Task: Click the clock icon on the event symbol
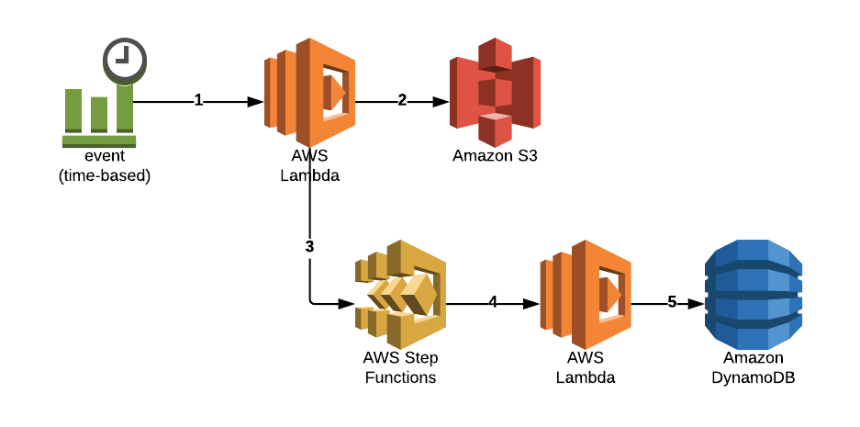click(x=124, y=60)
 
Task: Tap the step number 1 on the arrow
click(x=198, y=100)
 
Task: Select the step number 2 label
click(x=402, y=100)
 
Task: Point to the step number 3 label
click(x=309, y=246)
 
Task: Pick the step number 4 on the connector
click(x=493, y=301)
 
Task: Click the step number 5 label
click(x=672, y=301)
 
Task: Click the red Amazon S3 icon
click(x=495, y=92)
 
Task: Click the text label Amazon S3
click(x=495, y=155)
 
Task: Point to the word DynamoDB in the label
click(x=753, y=376)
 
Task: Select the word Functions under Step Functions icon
click(x=400, y=376)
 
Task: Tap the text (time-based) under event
click(x=104, y=174)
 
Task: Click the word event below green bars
click(x=104, y=157)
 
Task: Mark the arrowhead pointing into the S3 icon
click(x=441, y=101)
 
